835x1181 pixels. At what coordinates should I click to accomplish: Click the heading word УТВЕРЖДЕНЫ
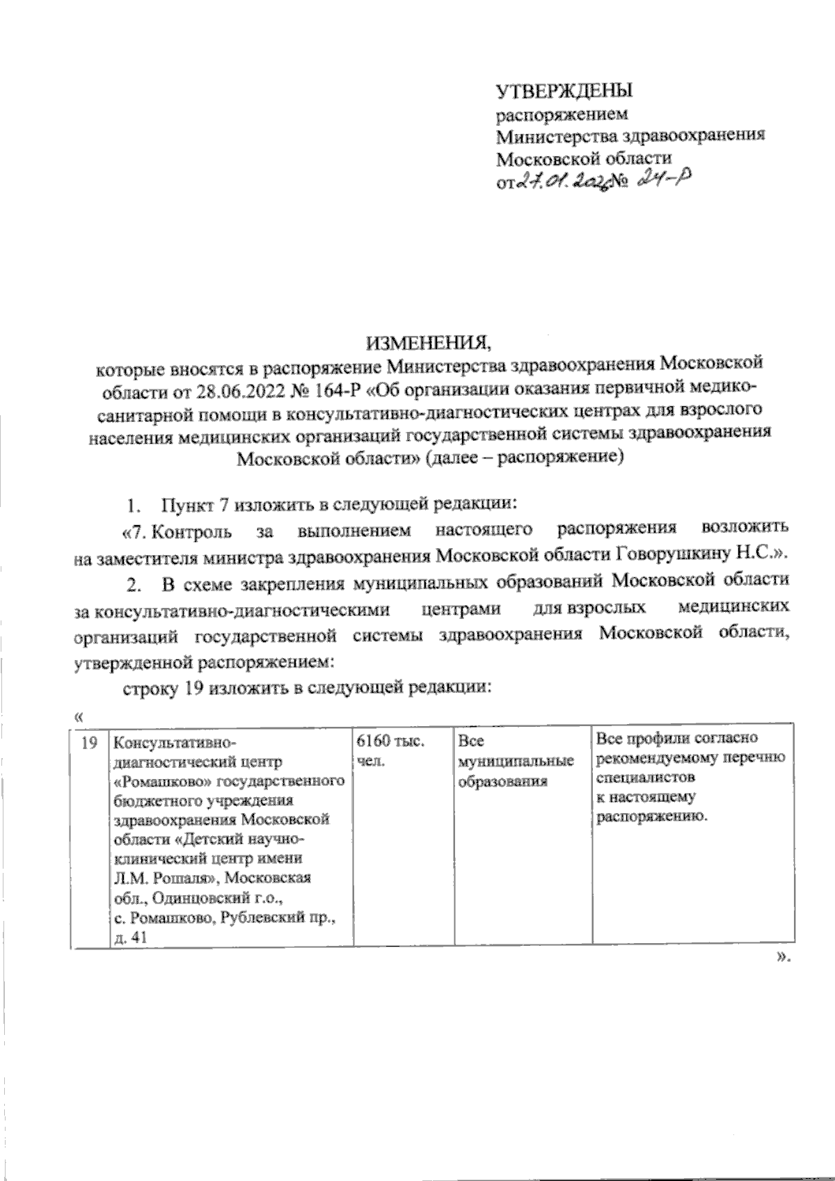click(x=564, y=91)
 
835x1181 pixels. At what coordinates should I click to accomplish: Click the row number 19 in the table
click(x=88, y=743)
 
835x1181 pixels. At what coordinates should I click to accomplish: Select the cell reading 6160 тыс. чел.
click(x=390, y=752)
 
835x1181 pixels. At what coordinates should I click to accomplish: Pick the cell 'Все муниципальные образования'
click(x=516, y=762)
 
